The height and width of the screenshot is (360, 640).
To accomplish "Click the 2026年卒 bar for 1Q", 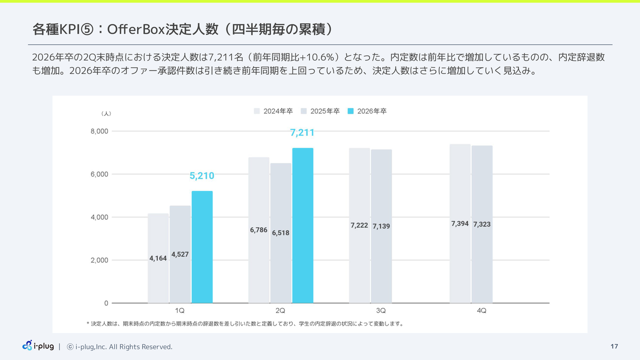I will click(x=202, y=247).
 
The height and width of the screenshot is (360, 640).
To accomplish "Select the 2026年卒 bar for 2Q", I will click(x=302, y=225).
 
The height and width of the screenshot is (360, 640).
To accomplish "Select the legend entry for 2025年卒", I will click(x=320, y=111).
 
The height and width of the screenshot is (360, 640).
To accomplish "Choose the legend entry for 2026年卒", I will click(x=367, y=111).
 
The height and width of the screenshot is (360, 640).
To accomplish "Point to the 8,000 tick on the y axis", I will click(x=99, y=131).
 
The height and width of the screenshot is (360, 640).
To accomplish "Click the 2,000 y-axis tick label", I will click(x=99, y=260).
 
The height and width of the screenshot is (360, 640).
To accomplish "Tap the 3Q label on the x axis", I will click(x=381, y=310).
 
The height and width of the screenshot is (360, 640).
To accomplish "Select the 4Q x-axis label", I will click(x=481, y=310).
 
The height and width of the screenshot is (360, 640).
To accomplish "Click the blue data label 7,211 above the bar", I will click(x=302, y=133).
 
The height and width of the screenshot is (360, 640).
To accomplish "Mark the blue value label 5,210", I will click(x=202, y=175).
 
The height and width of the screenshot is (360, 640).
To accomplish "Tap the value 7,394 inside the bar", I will click(x=460, y=224).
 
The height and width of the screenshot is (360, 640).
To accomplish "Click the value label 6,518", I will click(x=280, y=233).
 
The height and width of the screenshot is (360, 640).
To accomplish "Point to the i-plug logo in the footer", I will click(x=38, y=345).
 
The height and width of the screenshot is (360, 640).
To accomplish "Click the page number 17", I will click(x=614, y=346).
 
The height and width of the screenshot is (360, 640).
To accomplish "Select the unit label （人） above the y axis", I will click(x=106, y=114).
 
